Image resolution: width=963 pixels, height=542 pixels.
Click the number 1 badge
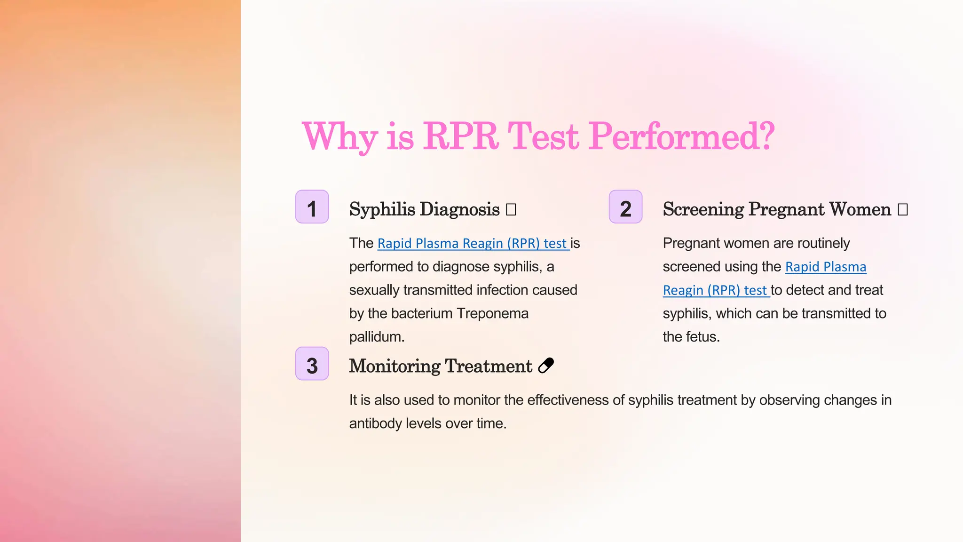click(x=312, y=207)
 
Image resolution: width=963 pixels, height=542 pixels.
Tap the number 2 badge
click(x=625, y=207)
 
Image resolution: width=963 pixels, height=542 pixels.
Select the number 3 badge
click(x=312, y=364)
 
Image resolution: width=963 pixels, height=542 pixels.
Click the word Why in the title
click(x=339, y=136)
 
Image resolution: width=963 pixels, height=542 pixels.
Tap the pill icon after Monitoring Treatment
click(x=546, y=366)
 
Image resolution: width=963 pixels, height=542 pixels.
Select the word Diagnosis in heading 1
click(x=459, y=209)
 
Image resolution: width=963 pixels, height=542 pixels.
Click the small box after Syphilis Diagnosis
click(x=511, y=209)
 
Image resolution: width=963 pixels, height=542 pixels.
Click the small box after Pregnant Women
click(x=902, y=209)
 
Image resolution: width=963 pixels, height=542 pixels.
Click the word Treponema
click(x=492, y=313)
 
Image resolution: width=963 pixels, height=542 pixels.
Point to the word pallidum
click(x=376, y=337)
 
